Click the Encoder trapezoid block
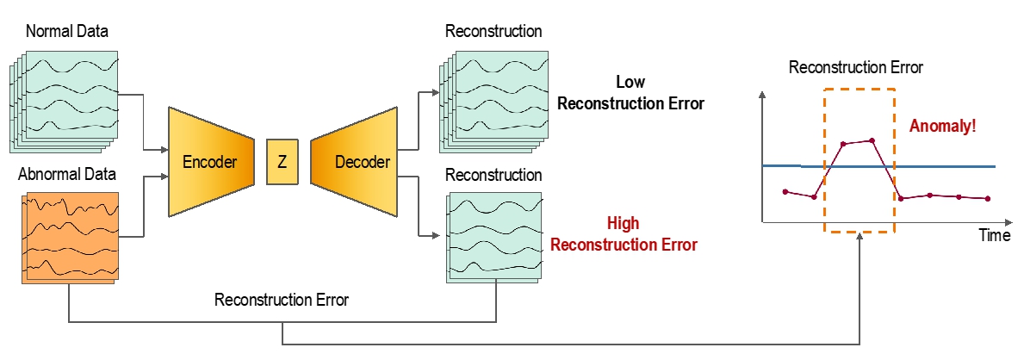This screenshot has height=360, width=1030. click(x=211, y=162)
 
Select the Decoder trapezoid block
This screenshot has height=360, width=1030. click(x=355, y=162)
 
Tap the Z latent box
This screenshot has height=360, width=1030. click(x=282, y=162)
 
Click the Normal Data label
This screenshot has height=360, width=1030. click(x=66, y=31)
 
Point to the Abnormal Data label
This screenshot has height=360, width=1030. click(x=67, y=175)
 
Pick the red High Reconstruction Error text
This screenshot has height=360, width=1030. click(x=624, y=234)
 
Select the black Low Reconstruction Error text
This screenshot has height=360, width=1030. click(x=631, y=93)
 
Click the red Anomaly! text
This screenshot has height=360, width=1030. click(x=942, y=126)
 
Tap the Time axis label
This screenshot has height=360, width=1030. click(x=995, y=235)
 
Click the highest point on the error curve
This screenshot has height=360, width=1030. click(x=872, y=140)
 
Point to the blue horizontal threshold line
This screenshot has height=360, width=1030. click(x=879, y=166)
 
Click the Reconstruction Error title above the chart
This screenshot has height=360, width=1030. click(x=856, y=67)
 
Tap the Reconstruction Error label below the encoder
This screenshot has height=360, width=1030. click(x=282, y=301)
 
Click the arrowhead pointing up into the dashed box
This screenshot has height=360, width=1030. click(x=859, y=237)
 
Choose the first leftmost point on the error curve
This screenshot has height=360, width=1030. click(x=785, y=191)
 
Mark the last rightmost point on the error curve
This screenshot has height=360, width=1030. click(x=988, y=198)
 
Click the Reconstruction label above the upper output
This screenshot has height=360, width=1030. click(x=493, y=31)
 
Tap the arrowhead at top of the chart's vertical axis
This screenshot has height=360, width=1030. click(x=762, y=95)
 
